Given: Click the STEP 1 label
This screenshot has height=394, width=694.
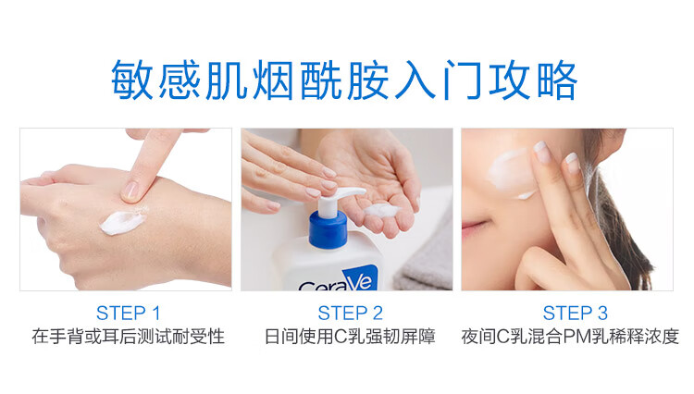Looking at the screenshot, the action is pos(128,314).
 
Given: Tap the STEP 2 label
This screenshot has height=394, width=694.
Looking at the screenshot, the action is pos(350,314).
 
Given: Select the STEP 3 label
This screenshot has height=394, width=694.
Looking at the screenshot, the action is pos(575,314).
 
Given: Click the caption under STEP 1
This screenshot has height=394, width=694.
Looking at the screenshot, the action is pos(128,337).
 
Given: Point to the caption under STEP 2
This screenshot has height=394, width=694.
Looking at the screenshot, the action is pos(350,337).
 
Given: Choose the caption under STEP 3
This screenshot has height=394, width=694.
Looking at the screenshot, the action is pos(570,337).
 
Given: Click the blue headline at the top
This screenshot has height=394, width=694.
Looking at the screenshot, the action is pos(344,80).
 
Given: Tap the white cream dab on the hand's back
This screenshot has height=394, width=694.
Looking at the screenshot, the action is pos(122,221).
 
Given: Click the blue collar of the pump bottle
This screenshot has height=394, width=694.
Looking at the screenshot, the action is pos(328,228).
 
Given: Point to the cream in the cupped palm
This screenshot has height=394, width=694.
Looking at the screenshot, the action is pos(380,210).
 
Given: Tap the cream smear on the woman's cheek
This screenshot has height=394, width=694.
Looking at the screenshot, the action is pos(511,172).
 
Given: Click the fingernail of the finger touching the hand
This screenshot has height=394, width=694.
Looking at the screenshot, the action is pos(130,191).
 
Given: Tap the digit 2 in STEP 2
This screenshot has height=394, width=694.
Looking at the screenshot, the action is pos(378,314).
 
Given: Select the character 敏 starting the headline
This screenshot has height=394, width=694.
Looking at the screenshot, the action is pos(132,80).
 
